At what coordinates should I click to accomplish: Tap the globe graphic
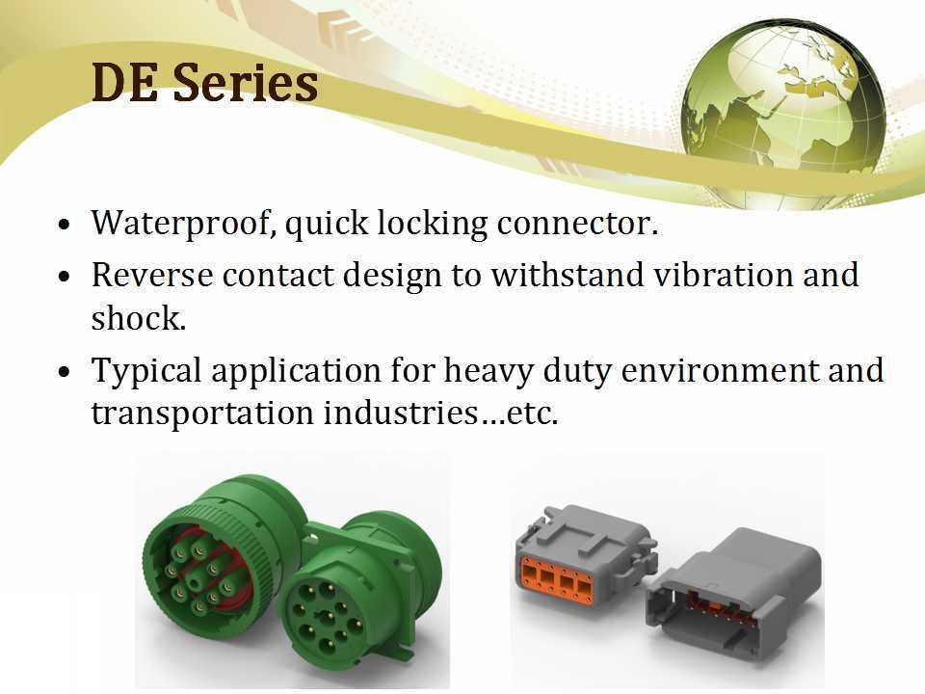click(x=781, y=105)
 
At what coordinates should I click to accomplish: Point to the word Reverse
click(x=151, y=275)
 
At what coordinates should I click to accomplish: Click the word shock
click(x=138, y=318)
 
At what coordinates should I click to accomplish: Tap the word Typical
click(x=145, y=371)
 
